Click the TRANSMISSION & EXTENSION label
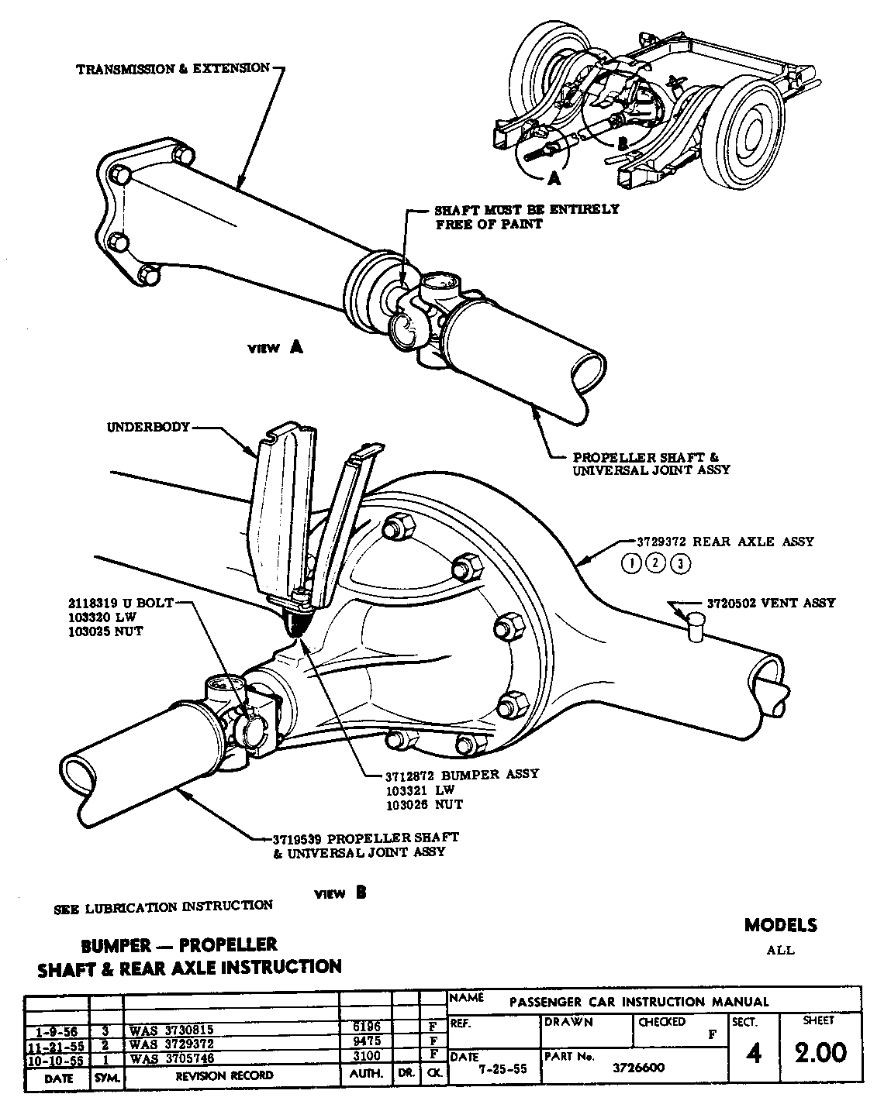point(172,68)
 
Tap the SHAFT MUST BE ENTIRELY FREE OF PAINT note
point(527,217)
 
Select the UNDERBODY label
point(148,427)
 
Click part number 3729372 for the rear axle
point(657,542)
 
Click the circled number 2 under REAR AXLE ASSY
point(655,563)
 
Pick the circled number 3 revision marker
point(679,563)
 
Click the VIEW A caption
point(275,348)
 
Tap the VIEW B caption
point(340,893)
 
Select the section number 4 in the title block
point(752,1054)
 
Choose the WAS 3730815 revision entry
point(171,1030)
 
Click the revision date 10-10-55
point(56,1058)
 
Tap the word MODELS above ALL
point(780,925)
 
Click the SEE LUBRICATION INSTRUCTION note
point(164,906)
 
